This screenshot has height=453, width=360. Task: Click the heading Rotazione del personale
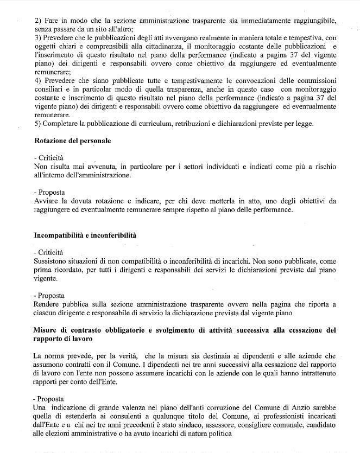pyautogui.click(x=72, y=141)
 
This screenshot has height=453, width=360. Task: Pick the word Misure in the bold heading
pyautogui.click(x=46, y=330)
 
